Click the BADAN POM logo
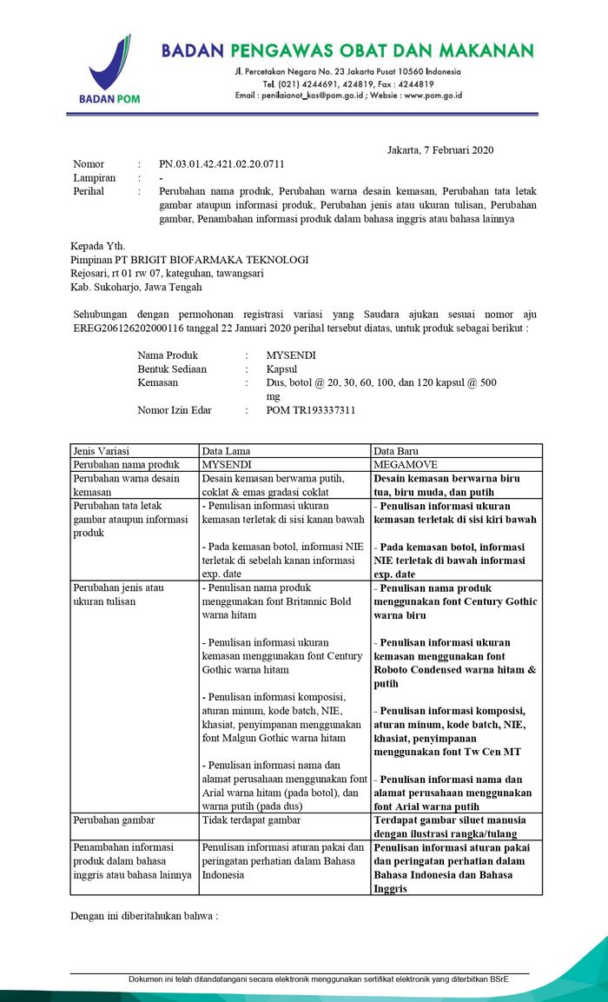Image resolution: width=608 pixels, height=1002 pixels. (x=110, y=70)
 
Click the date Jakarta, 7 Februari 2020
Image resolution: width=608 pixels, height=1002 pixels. (x=440, y=150)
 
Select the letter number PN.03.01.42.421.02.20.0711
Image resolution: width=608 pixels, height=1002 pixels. (x=221, y=164)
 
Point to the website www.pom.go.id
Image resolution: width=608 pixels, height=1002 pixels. (x=433, y=96)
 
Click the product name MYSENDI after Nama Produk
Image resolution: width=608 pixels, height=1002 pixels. (x=291, y=355)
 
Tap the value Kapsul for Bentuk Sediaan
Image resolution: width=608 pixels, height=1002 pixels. (x=281, y=369)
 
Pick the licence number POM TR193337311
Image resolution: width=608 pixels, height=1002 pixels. (x=310, y=410)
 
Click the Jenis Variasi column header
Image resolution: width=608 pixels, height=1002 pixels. (x=102, y=451)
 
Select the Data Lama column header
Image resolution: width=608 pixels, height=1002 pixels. (x=226, y=451)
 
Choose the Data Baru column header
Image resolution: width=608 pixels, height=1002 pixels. (x=397, y=451)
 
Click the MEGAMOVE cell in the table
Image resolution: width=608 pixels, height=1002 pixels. (x=405, y=465)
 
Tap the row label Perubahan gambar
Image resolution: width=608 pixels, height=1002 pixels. (x=115, y=820)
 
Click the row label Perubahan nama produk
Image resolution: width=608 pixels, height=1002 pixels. (x=126, y=465)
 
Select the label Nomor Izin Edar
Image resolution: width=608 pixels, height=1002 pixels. (x=175, y=410)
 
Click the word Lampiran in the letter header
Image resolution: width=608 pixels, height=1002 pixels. (x=94, y=178)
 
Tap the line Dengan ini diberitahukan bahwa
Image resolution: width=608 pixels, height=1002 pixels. (x=144, y=916)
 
